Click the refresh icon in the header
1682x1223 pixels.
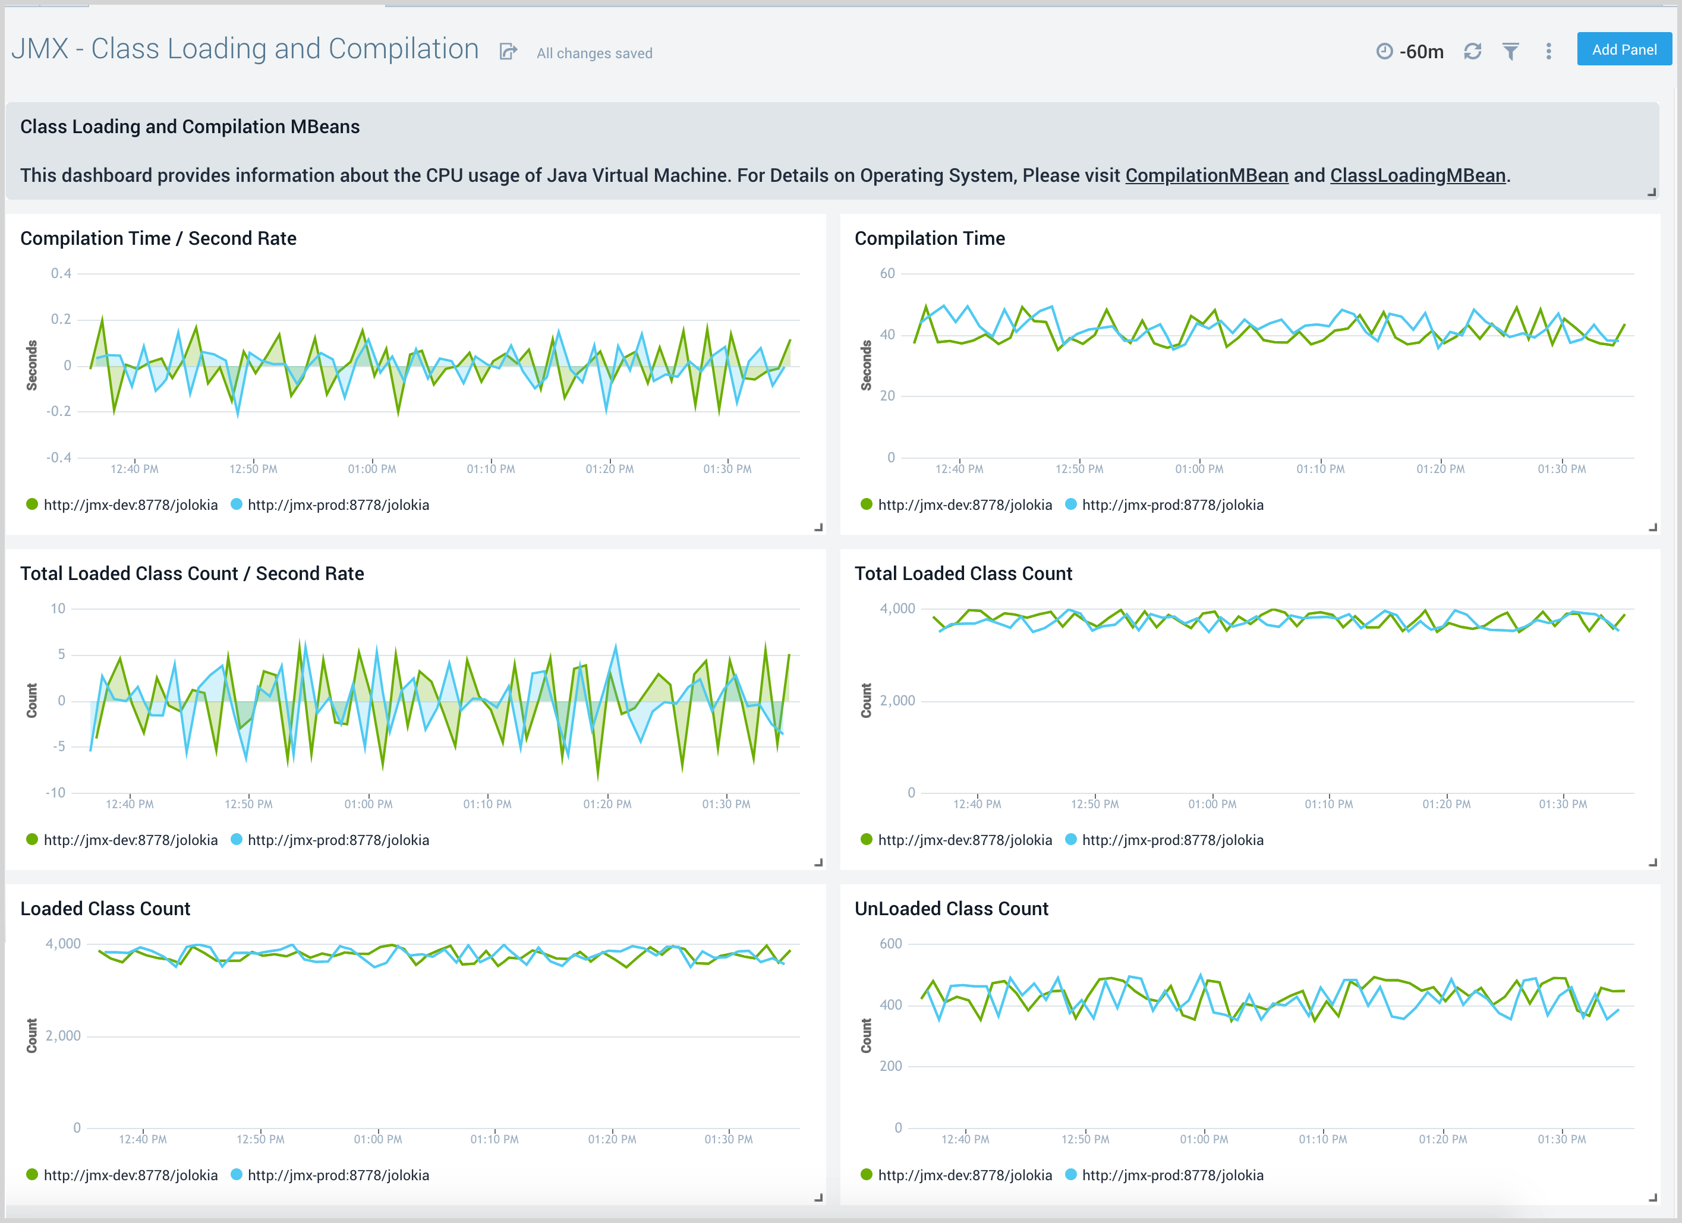point(1472,51)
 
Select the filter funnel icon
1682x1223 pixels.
point(1510,51)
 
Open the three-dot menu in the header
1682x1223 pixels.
point(1548,51)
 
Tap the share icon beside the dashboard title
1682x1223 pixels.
point(508,51)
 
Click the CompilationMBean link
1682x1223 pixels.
point(1206,176)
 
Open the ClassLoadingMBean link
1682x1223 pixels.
point(1418,176)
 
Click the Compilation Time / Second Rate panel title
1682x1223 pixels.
point(158,238)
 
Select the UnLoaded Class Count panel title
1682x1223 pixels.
point(951,909)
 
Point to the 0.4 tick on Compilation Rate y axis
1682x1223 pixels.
point(61,274)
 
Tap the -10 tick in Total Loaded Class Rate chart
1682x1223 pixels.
point(56,793)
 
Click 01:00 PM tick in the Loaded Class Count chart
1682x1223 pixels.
point(377,1139)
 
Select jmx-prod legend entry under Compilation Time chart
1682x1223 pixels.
point(1172,505)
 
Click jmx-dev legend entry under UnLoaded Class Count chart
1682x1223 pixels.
point(964,1175)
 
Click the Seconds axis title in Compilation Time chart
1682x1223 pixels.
point(866,365)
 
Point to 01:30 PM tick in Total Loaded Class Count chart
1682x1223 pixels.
point(1563,804)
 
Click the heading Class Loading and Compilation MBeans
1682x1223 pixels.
point(190,127)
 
